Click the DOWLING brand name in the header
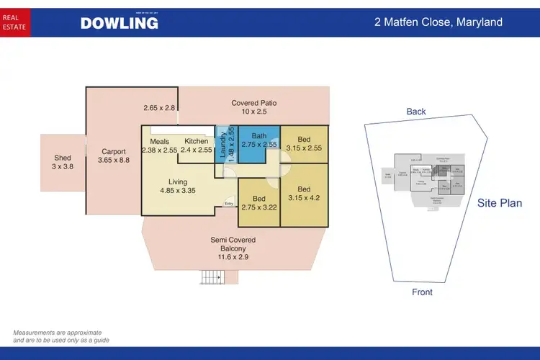(119, 23)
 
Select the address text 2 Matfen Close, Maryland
(438, 22)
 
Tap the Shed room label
(63, 161)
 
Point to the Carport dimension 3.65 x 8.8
(114, 161)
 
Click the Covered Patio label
(253, 107)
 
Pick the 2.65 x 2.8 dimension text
(159, 108)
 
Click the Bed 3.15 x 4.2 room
(303, 194)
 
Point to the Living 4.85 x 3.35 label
(178, 186)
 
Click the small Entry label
(229, 204)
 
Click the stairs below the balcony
(212, 276)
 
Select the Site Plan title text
(500, 203)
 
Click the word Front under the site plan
(422, 292)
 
